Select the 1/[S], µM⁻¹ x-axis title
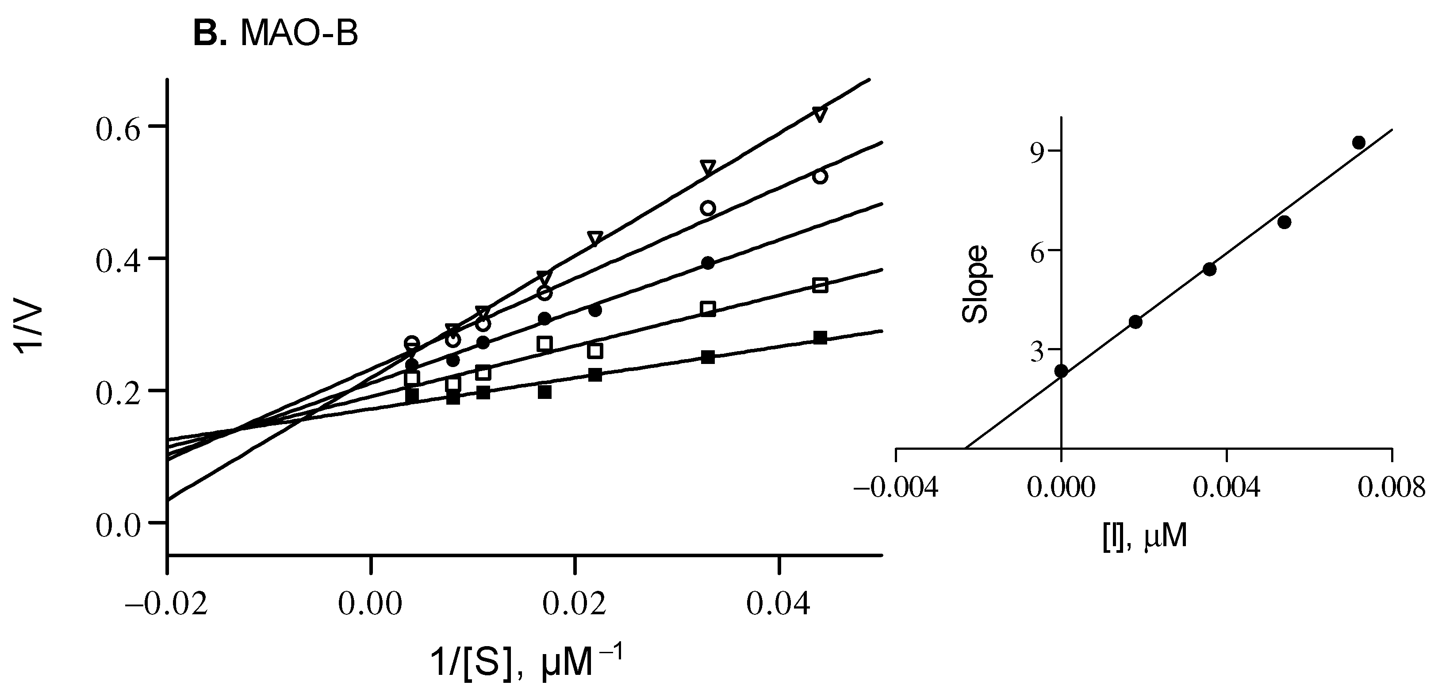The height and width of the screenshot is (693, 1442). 525,664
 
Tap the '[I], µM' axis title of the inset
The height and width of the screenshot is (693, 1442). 1145,537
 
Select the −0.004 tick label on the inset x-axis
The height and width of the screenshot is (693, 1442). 895,488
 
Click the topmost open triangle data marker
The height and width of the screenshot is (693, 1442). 820,114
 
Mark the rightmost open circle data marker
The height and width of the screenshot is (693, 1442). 820,176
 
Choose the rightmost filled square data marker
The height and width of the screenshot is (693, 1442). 820,337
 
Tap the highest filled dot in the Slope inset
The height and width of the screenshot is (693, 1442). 1358,142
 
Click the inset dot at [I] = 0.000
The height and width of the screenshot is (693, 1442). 1061,371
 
